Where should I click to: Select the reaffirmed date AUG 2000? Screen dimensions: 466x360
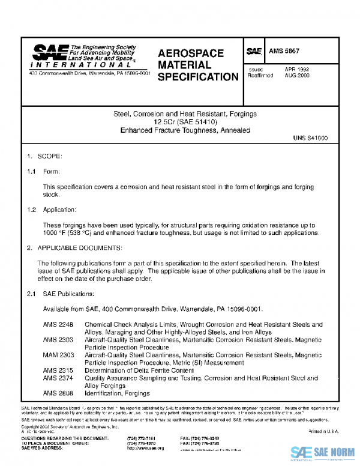(297, 76)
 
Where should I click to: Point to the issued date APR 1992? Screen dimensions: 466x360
(297, 70)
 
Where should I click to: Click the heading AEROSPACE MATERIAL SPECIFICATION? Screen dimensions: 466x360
(197, 65)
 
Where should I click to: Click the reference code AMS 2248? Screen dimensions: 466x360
(58, 324)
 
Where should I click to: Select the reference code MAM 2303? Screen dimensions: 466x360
(58, 356)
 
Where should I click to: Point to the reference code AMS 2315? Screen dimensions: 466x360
(58, 371)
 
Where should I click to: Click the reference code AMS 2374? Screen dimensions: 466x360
(58, 378)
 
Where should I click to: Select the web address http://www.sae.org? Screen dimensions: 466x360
(146, 448)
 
